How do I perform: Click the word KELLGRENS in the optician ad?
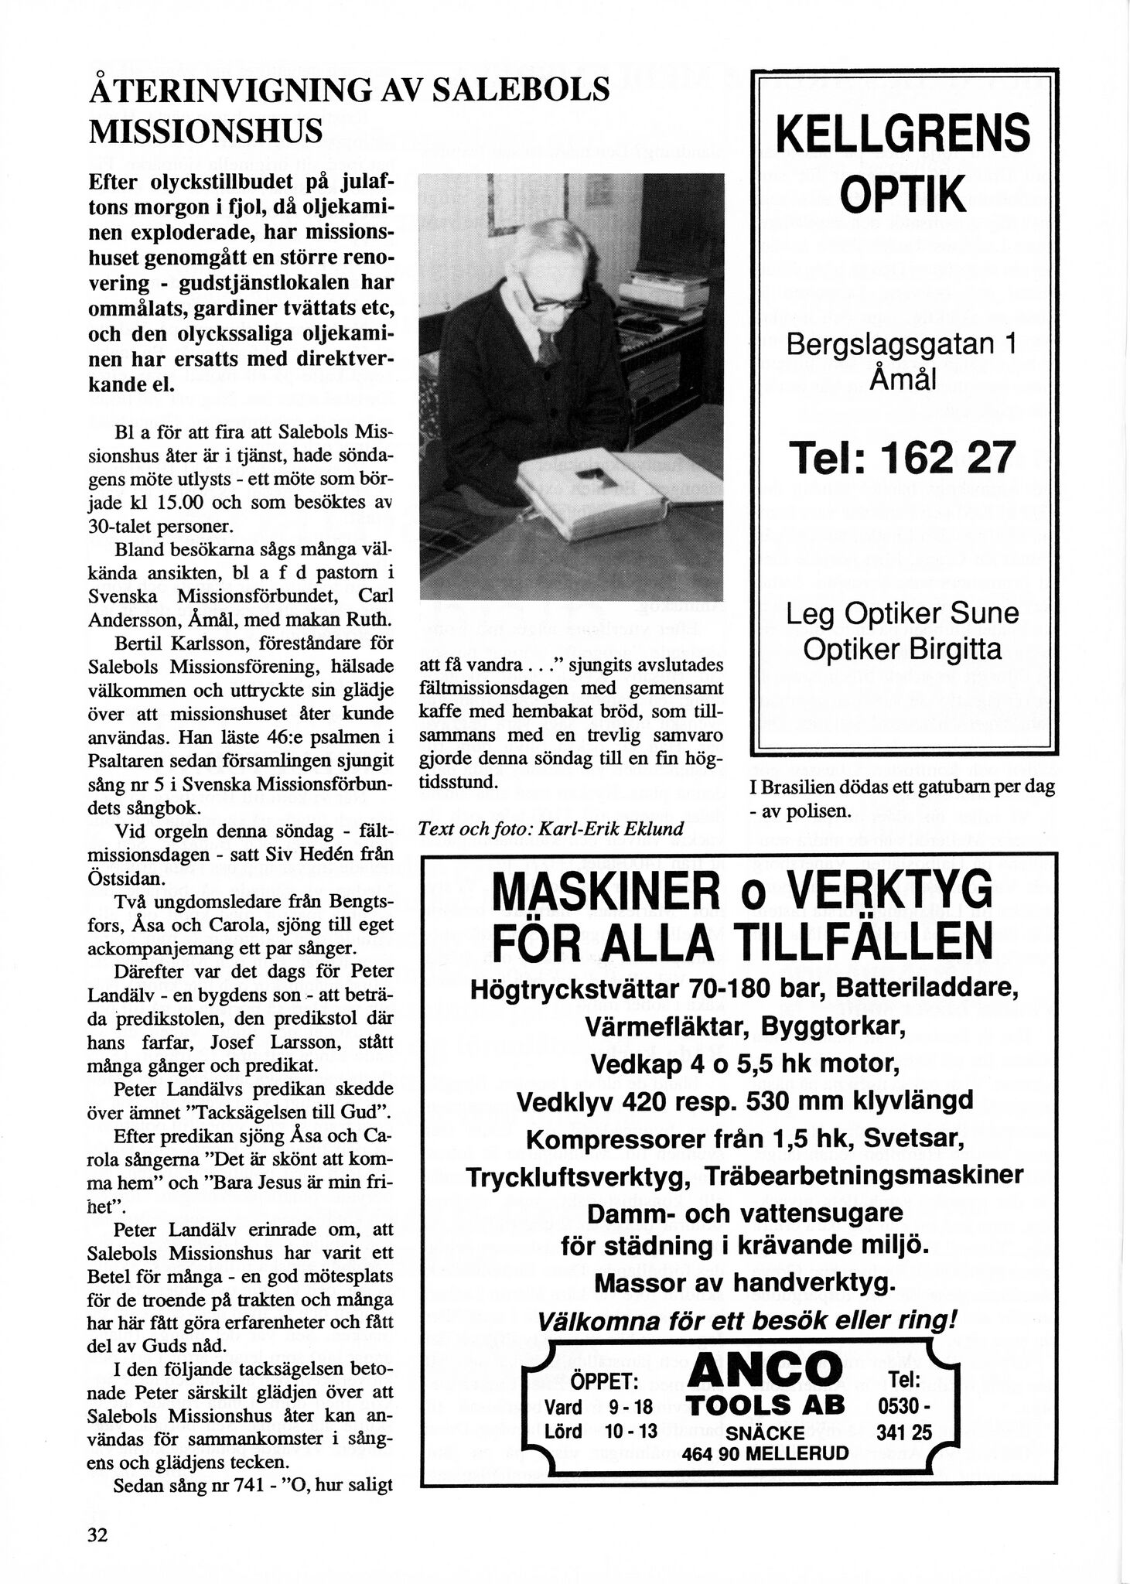[x=903, y=133]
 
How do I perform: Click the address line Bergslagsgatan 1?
[x=902, y=343]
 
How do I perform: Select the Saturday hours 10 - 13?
[x=631, y=1431]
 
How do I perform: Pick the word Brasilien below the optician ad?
[x=801, y=787]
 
